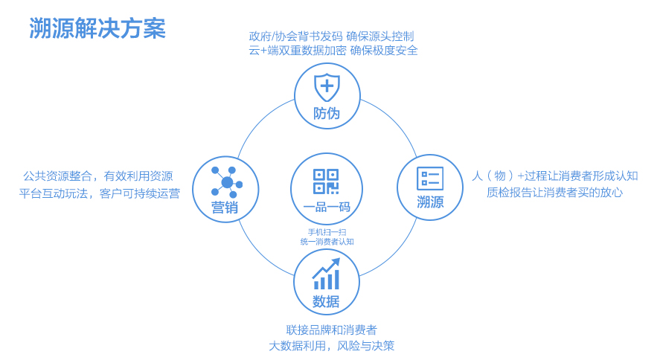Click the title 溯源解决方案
97,28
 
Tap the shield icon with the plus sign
327,87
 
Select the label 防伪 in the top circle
327,113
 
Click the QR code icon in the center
326,181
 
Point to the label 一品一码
327,207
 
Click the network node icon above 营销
226,182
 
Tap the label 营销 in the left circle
225,208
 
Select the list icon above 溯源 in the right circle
430,179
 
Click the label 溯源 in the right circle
430,202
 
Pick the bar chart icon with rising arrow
326,274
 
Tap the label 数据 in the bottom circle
326,301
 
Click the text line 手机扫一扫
327,232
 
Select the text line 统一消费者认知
327,242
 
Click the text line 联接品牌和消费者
332,330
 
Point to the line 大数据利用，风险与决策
332,346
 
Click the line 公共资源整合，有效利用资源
97,176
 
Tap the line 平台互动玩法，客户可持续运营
100,193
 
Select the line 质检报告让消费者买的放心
554,192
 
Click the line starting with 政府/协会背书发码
331,36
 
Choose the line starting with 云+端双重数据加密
333,51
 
